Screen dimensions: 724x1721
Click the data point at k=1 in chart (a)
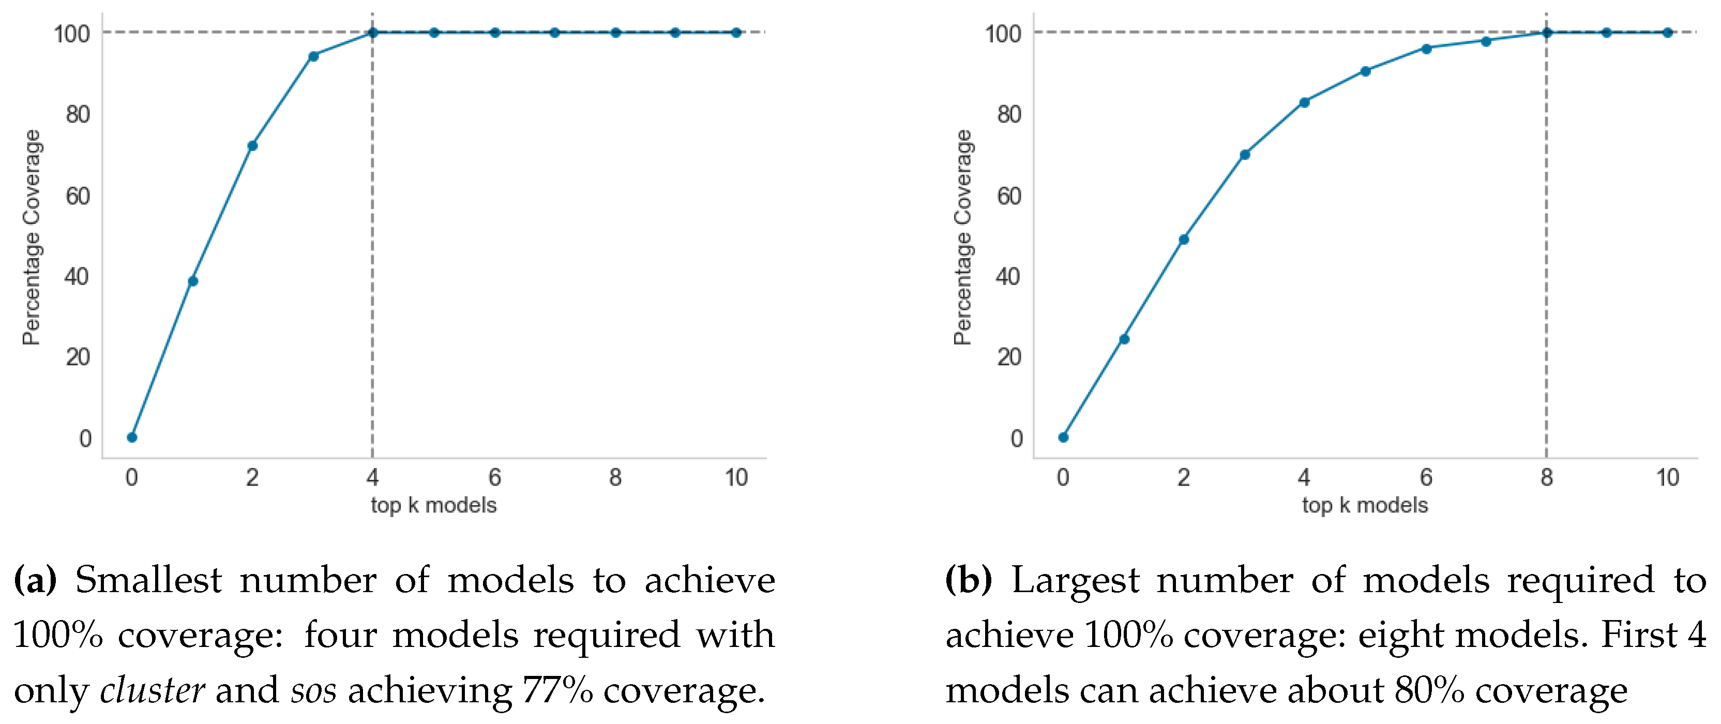coord(193,281)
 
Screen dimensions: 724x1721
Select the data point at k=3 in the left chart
coord(313,56)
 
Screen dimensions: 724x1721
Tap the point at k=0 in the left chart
coord(132,438)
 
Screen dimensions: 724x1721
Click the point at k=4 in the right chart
coord(1304,102)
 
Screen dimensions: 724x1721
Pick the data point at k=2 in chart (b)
coord(1184,239)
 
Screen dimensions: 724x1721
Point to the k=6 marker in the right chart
coord(1426,49)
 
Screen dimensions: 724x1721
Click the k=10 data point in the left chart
coord(735,33)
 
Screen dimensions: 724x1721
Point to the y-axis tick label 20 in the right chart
coord(1009,357)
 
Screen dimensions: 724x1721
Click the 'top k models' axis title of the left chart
coord(433,506)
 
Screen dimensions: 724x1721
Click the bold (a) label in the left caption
coord(35,580)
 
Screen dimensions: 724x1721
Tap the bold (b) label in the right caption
coord(968,580)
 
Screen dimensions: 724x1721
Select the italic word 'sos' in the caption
coord(313,690)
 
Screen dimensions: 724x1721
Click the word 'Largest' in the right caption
coord(1075,580)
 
